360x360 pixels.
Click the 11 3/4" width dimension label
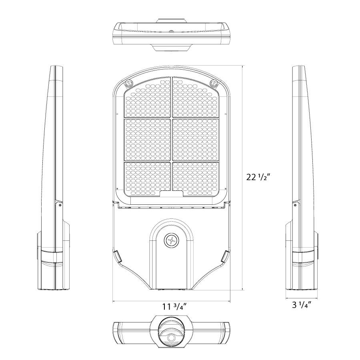pos(175,307)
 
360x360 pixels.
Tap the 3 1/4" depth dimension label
pos(302,305)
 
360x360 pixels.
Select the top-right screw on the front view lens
pos(214,83)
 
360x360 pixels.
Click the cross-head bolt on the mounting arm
pos(171,240)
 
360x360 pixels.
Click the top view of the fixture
pos(171,34)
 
